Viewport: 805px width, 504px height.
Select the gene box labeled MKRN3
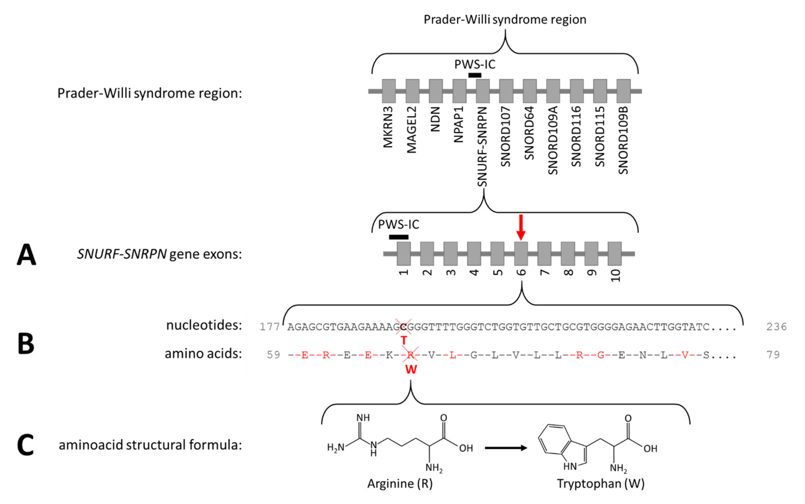(x=388, y=91)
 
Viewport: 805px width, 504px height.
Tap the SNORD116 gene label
(x=576, y=136)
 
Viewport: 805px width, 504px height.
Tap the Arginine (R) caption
(x=400, y=483)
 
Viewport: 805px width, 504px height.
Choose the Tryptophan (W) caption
(x=600, y=483)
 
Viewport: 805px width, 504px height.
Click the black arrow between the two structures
(x=506, y=448)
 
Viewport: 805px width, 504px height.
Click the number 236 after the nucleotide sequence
(x=776, y=327)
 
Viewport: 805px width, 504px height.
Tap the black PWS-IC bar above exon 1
(x=398, y=237)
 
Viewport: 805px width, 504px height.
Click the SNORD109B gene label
(x=623, y=140)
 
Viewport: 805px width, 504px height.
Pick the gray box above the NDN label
(x=435, y=91)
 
